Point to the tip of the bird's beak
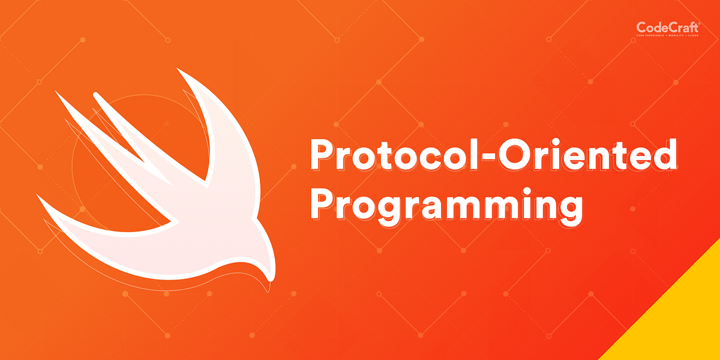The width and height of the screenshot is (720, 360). pyautogui.click(x=269, y=280)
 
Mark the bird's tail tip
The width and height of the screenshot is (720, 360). pyautogui.click(x=39, y=196)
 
